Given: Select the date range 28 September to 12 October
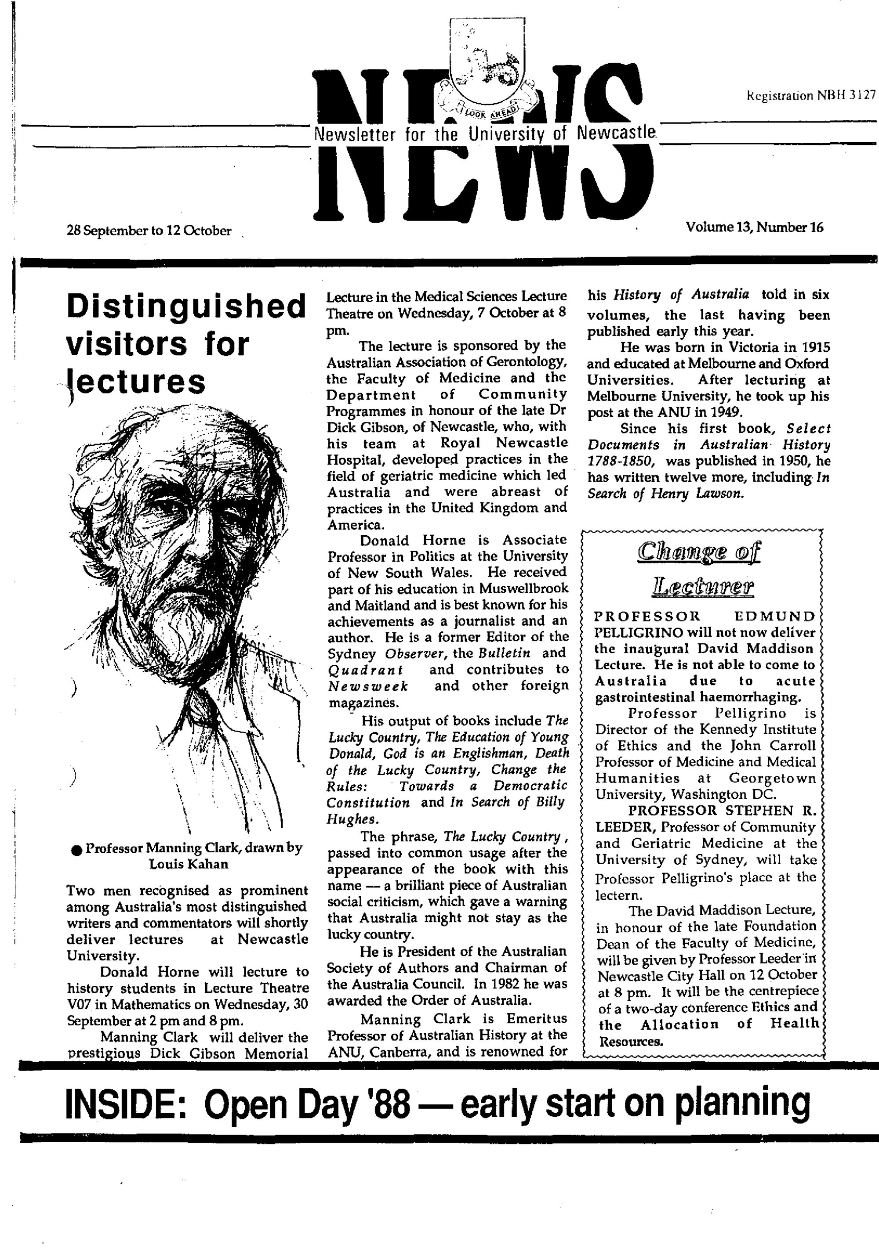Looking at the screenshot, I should pyautogui.click(x=149, y=231).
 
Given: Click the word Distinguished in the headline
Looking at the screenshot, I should pyautogui.click(x=185, y=307).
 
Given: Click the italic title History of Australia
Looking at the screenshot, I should pyautogui.click(x=681, y=295).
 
